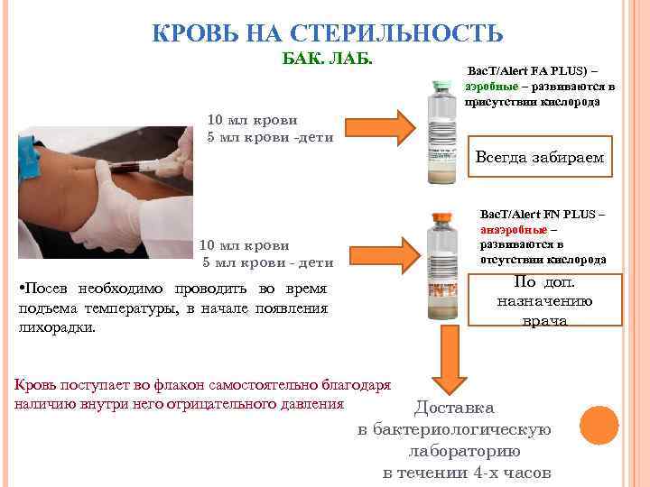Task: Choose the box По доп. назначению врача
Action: click(x=544, y=300)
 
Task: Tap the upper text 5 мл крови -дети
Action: click(x=270, y=137)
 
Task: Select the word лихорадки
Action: click(x=56, y=328)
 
